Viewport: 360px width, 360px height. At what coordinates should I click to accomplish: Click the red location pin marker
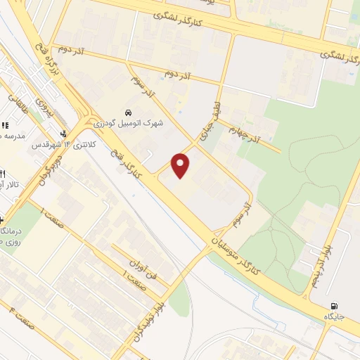pos(181,166)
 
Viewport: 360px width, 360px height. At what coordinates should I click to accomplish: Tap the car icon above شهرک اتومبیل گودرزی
pos(128,112)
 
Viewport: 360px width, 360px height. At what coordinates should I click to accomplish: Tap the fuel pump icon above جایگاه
pos(333,306)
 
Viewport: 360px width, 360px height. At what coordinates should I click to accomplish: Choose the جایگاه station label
pos(333,317)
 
